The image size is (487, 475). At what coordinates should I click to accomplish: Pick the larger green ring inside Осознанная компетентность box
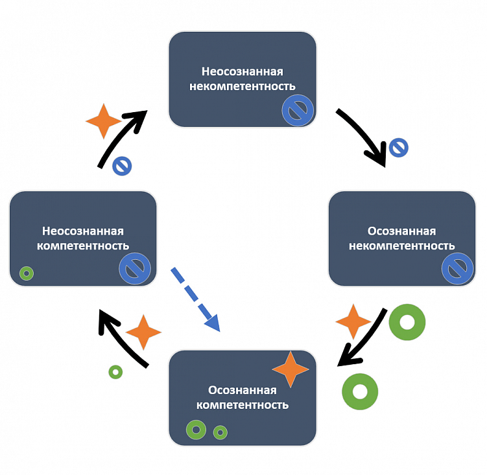tap(196, 429)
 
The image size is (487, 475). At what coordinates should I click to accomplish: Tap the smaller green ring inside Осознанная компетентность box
tap(220, 432)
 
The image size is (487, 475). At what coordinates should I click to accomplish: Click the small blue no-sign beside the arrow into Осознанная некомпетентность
tap(398, 147)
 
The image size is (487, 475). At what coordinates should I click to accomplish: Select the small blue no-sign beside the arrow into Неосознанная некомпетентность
tap(122, 166)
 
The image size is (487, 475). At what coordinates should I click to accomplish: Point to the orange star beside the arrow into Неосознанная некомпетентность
tap(103, 121)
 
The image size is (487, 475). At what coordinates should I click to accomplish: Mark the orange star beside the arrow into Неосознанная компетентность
tap(143, 334)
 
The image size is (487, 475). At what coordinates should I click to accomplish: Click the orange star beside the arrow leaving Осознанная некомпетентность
tap(353, 321)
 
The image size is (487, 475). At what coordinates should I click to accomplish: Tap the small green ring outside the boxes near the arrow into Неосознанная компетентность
tap(115, 372)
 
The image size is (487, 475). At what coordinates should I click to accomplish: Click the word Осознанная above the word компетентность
tap(243, 390)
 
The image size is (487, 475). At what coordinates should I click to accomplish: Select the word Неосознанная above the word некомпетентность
tap(243, 71)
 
